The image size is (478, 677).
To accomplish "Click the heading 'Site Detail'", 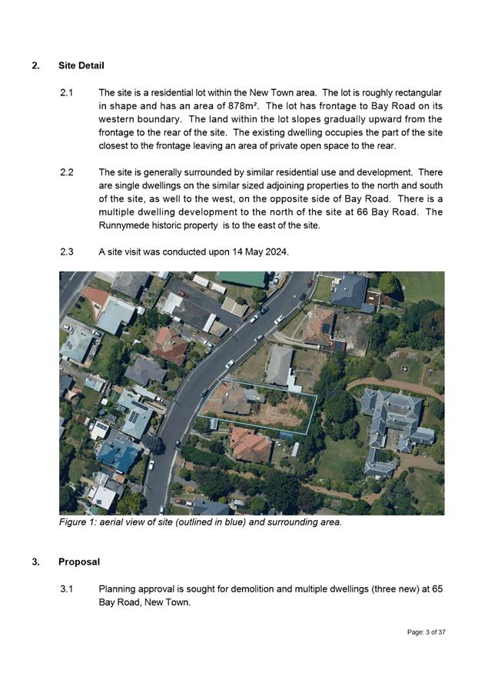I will pyautogui.click(x=81, y=65).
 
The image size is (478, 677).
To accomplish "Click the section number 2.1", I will pyautogui.click(x=66, y=92).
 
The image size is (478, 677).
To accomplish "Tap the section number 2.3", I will pyautogui.click(x=67, y=252).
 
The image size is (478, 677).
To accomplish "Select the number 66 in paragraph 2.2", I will pyautogui.click(x=358, y=212).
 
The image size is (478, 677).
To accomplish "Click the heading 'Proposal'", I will pyautogui.click(x=78, y=562).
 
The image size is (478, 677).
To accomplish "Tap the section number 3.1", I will pyautogui.click(x=67, y=589).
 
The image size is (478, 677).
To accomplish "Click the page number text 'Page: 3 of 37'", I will pyautogui.click(x=427, y=632).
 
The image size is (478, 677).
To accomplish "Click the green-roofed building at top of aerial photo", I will pyautogui.click(x=241, y=278).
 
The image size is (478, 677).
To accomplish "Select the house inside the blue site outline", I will pyautogui.click(x=235, y=399).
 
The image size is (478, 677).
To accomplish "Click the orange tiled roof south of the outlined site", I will pyautogui.click(x=251, y=445).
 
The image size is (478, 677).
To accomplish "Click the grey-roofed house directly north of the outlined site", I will pyautogui.click(x=280, y=365).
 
